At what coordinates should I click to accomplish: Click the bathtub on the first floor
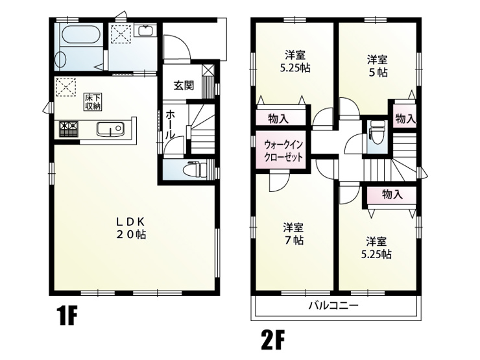[81, 35]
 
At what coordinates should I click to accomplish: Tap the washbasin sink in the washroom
[145, 31]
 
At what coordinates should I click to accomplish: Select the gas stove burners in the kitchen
[69, 129]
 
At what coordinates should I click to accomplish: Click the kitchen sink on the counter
[110, 129]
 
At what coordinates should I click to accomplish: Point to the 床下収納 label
[93, 102]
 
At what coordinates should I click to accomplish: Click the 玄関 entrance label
[184, 86]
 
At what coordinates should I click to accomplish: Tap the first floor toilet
[195, 169]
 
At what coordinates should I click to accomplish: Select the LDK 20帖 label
[130, 228]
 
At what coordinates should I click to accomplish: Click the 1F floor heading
[66, 317]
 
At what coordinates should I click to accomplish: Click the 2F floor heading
[273, 339]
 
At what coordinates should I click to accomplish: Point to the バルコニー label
[333, 306]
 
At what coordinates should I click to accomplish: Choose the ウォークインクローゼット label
[283, 150]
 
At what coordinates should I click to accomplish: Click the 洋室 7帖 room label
[293, 234]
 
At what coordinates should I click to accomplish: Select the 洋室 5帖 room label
[378, 66]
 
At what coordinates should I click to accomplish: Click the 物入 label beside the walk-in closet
[278, 119]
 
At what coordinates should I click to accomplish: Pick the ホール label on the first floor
[170, 125]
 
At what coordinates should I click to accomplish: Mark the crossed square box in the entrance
[208, 70]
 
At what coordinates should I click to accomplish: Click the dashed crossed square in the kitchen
[66, 87]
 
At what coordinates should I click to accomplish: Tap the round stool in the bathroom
[61, 58]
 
